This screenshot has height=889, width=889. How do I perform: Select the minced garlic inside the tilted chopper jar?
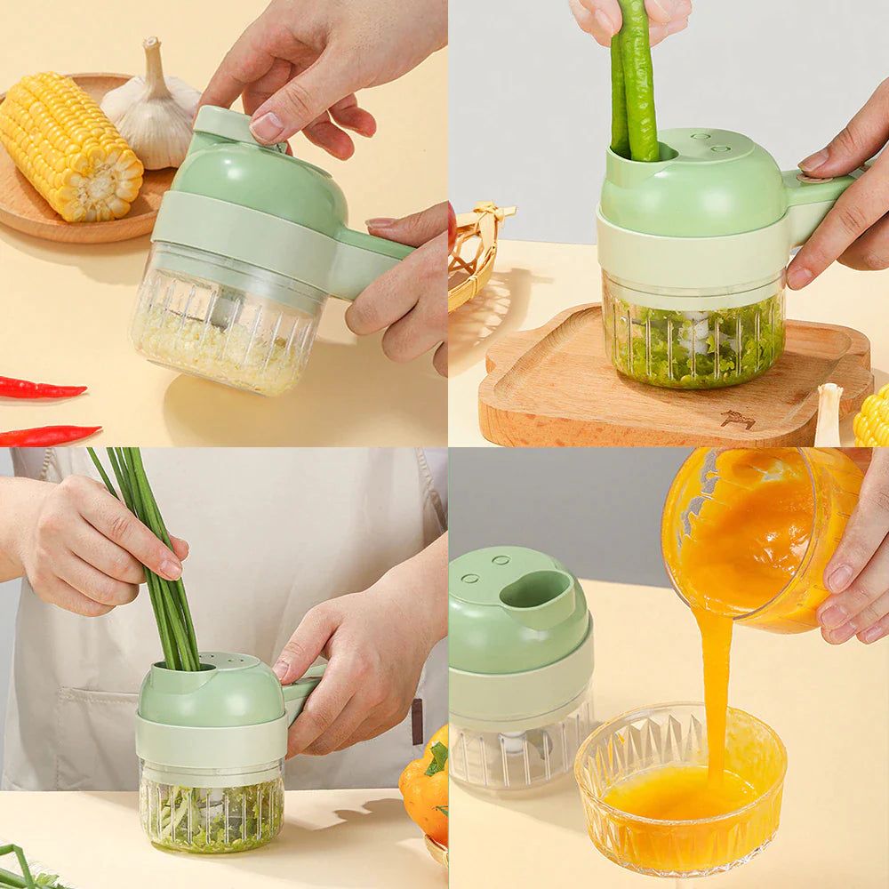point(222,351)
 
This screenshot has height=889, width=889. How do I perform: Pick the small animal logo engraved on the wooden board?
point(737,419)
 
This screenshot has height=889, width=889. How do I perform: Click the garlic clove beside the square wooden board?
point(829,414)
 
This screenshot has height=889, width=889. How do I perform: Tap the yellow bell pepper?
point(425,787)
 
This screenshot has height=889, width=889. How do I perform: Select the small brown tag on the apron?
point(417,721)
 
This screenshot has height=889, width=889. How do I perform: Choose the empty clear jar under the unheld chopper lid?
point(520,751)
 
